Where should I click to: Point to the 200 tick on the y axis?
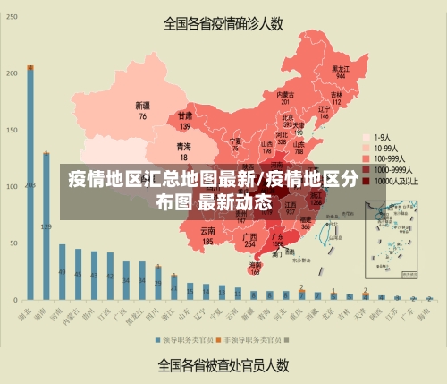[x=13, y=72]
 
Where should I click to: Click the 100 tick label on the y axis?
[x=13, y=185]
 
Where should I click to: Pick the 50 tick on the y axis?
[x=13, y=243]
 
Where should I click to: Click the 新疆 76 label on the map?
[x=142, y=110]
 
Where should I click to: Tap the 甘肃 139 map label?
[x=185, y=121]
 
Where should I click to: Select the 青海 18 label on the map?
[x=183, y=150]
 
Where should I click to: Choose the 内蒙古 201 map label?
[x=285, y=98]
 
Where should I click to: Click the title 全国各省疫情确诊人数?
[x=223, y=24]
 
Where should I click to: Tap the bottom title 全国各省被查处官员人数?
[x=223, y=364]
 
